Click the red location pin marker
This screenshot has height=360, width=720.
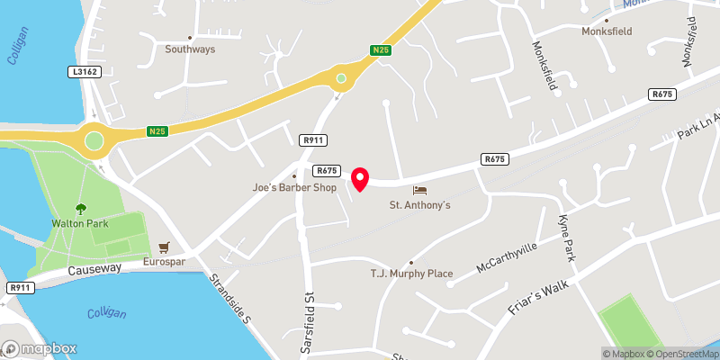(x=360, y=179)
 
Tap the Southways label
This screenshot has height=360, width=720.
(x=190, y=49)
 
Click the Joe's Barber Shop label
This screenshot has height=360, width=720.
(x=293, y=188)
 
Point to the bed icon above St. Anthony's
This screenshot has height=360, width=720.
(x=419, y=190)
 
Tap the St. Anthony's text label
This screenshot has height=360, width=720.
(x=419, y=205)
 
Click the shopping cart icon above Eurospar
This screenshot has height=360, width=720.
(x=164, y=247)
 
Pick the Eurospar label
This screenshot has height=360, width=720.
(x=164, y=262)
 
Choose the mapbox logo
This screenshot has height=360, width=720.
(x=40, y=348)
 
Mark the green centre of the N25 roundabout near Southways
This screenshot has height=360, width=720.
(x=340, y=79)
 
